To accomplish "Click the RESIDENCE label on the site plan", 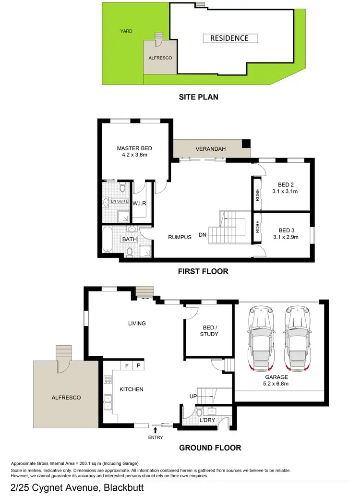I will pos(229,38).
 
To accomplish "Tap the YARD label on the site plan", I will pos(126,31).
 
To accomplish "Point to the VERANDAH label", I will pos(210,149).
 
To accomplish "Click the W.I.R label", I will pos(139,204).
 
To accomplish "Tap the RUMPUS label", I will pos(180,237).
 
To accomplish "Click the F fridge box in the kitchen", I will pos(126,366).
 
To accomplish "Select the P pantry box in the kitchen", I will pos(138,366).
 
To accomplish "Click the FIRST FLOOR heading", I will pos(203,271).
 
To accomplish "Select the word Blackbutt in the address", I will pos(122,487).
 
